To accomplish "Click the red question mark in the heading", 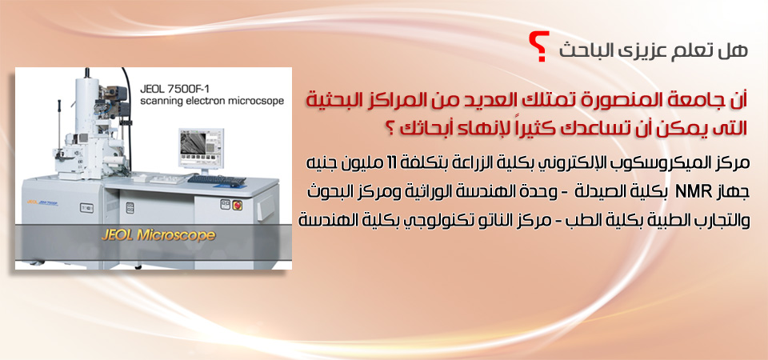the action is pos(541,46).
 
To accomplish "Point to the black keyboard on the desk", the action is pos(216,180).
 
